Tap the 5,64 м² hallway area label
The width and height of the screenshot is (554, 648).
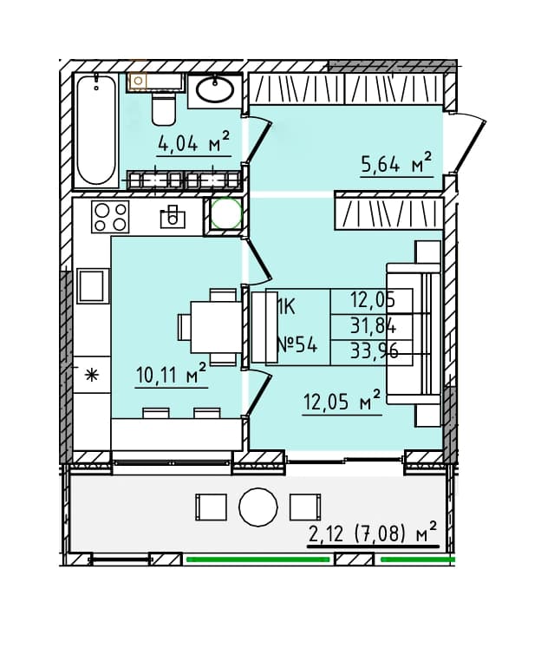point(396,162)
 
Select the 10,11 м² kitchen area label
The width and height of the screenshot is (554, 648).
point(171,373)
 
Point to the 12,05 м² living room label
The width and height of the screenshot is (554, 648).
point(342,400)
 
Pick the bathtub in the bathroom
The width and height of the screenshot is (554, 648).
point(96,130)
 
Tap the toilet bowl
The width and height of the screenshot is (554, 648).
point(163,108)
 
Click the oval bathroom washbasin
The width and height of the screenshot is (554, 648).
point(215,90)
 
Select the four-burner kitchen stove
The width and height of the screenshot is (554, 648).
point(110,217)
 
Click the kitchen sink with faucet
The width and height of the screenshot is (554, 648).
point(173,217)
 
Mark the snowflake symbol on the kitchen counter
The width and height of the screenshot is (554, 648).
point(91,376)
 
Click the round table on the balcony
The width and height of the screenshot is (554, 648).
point(258,507)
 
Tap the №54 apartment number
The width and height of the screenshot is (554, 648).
point(297,344)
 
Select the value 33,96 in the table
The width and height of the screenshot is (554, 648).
point(374,351)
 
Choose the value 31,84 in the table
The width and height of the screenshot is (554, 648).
point(373,327)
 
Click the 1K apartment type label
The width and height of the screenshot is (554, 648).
point(286,306)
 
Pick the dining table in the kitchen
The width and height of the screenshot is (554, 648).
point(216,327)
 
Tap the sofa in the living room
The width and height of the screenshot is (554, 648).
point(414,333)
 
